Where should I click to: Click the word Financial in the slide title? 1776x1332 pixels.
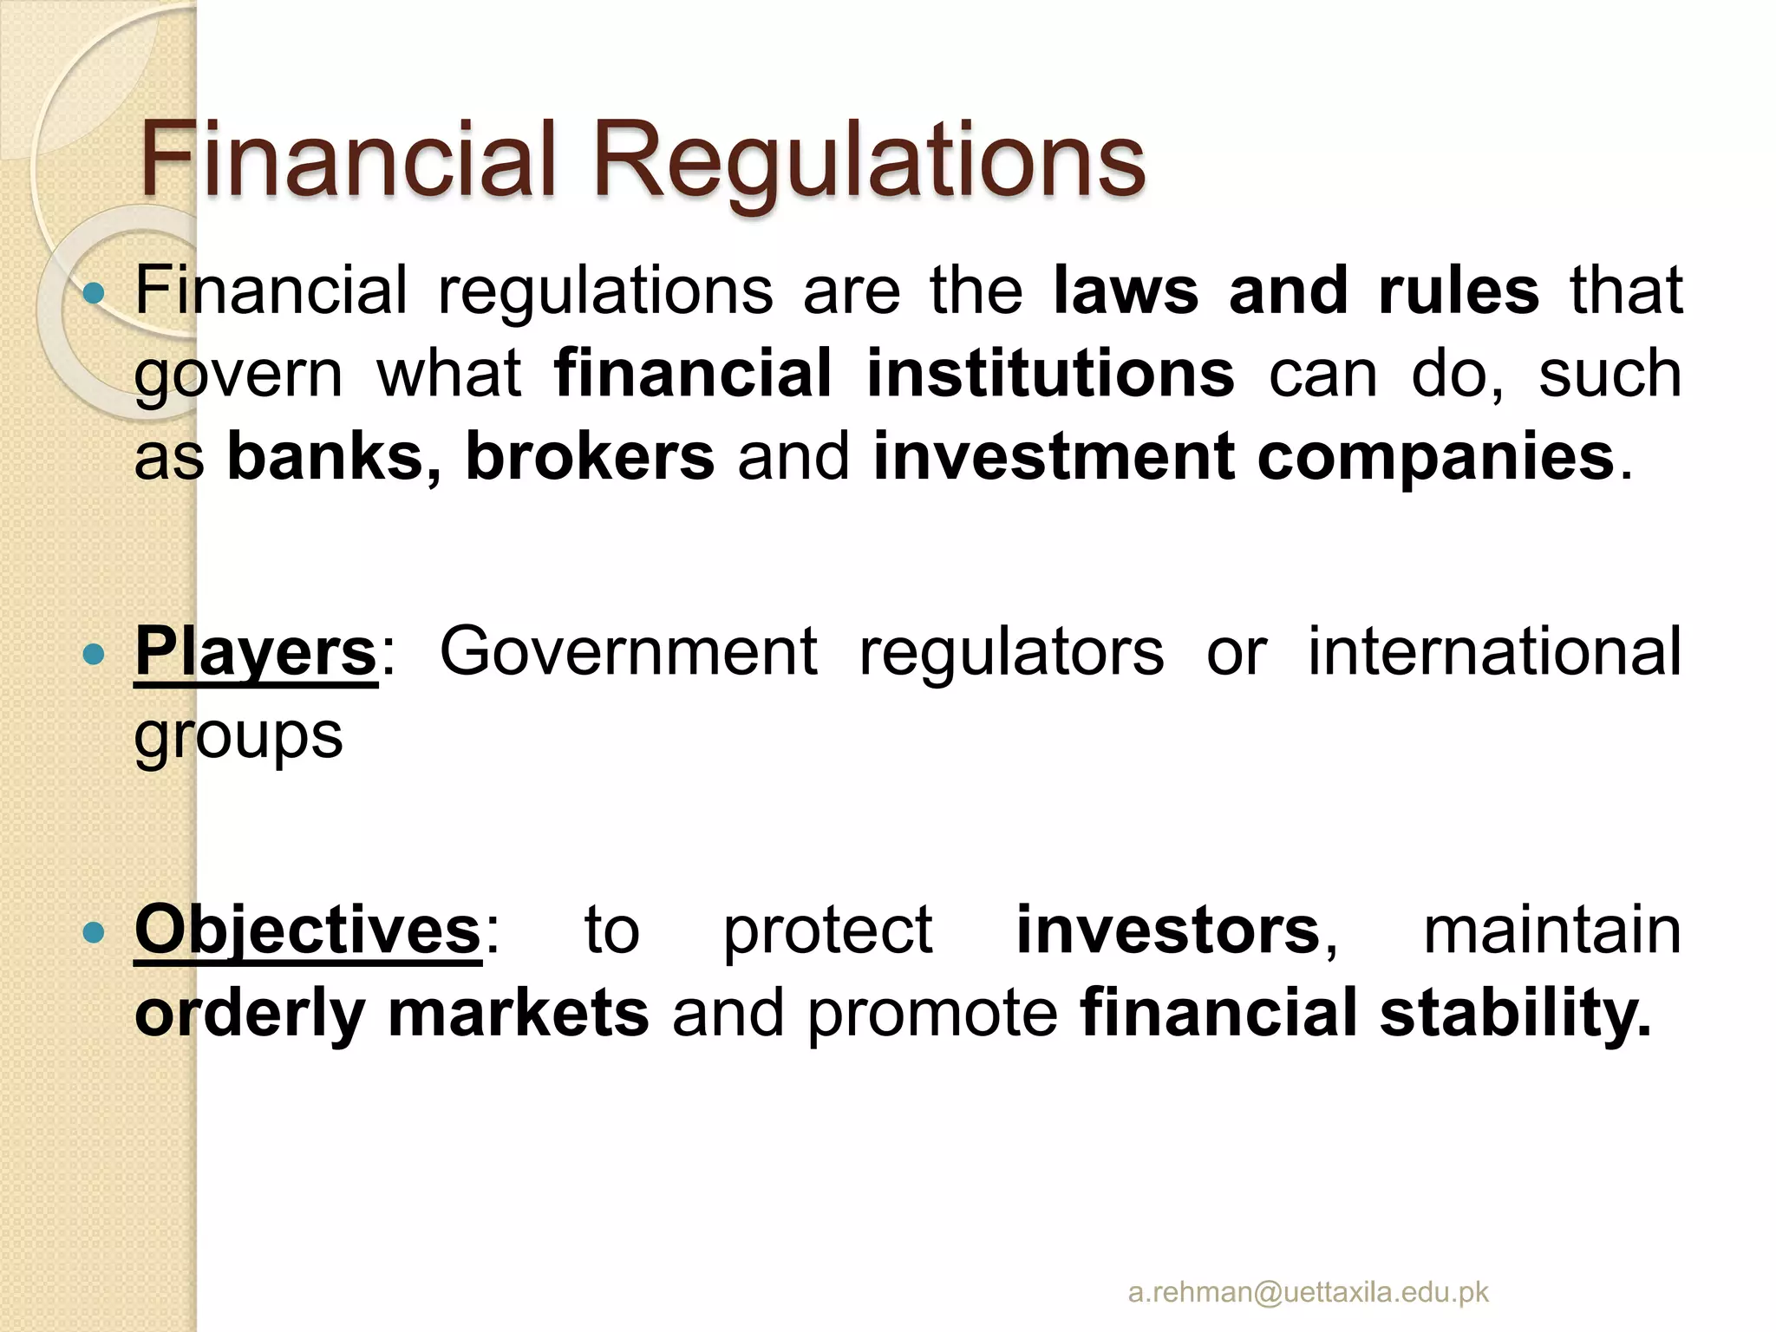click(x=347, y=161)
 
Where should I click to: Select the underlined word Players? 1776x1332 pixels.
click(x=256, y=652)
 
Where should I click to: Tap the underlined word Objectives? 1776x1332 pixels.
click(x=308, y=930)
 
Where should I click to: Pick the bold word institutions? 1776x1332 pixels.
click(x=1050, y=374)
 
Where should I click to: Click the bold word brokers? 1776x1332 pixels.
click(x=590, y=457)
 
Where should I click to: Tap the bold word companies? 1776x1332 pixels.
click(x=1435, y=457)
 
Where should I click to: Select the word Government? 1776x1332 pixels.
click(x=628, y=652)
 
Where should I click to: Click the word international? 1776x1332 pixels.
click(x=1494, y=652)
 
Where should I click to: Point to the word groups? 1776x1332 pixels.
click(x=238, y=737)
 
